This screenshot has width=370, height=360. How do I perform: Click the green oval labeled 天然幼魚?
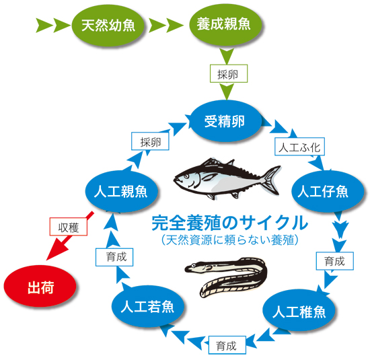(108, 26)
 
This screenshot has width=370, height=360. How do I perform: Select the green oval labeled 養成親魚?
(225, 24)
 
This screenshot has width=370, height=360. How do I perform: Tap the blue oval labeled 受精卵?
(225, 121)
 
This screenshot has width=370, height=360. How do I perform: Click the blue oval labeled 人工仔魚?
(326, 192)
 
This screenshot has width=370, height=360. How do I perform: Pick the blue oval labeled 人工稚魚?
(299, 310)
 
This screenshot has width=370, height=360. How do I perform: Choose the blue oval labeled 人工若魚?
(147, 306)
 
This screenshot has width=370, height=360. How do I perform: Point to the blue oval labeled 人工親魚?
(121, 192)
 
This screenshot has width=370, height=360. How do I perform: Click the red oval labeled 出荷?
(40, 286)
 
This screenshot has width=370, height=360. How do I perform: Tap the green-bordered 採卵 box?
(229, 73)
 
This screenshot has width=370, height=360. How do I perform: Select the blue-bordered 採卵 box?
(150, 141)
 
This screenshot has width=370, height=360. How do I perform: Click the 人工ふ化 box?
(299, 147)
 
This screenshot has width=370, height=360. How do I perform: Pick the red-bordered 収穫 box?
(69, 226)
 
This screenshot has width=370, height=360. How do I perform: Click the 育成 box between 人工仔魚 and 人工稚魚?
(335, 261)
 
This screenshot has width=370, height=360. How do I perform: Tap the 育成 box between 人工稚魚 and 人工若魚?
(227, 345)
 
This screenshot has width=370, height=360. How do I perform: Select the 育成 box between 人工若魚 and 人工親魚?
(114, 257)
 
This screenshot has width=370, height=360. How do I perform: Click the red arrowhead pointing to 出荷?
(57, 251)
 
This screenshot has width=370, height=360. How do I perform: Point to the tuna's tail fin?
(272, 179)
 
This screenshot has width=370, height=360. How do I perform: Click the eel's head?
(196, 267)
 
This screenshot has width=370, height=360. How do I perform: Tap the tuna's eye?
(186, 176)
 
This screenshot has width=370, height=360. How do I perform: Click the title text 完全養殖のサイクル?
(229, 222)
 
